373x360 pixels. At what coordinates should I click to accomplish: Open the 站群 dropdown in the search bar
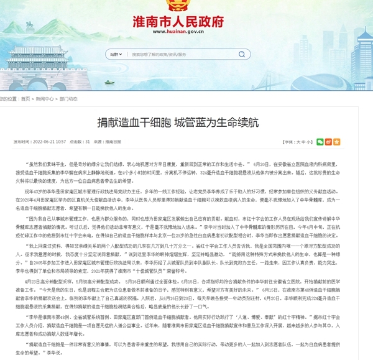tap(115, 54)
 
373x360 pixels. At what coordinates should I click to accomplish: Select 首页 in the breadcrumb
tap(25, 98)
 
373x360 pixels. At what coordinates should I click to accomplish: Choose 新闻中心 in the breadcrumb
tap(44, 98)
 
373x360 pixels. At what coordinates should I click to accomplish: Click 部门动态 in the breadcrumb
tap(68, 98)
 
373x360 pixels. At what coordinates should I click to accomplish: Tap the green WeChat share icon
tap(320, 142)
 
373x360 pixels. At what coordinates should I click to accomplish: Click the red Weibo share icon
tap(329, 142)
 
